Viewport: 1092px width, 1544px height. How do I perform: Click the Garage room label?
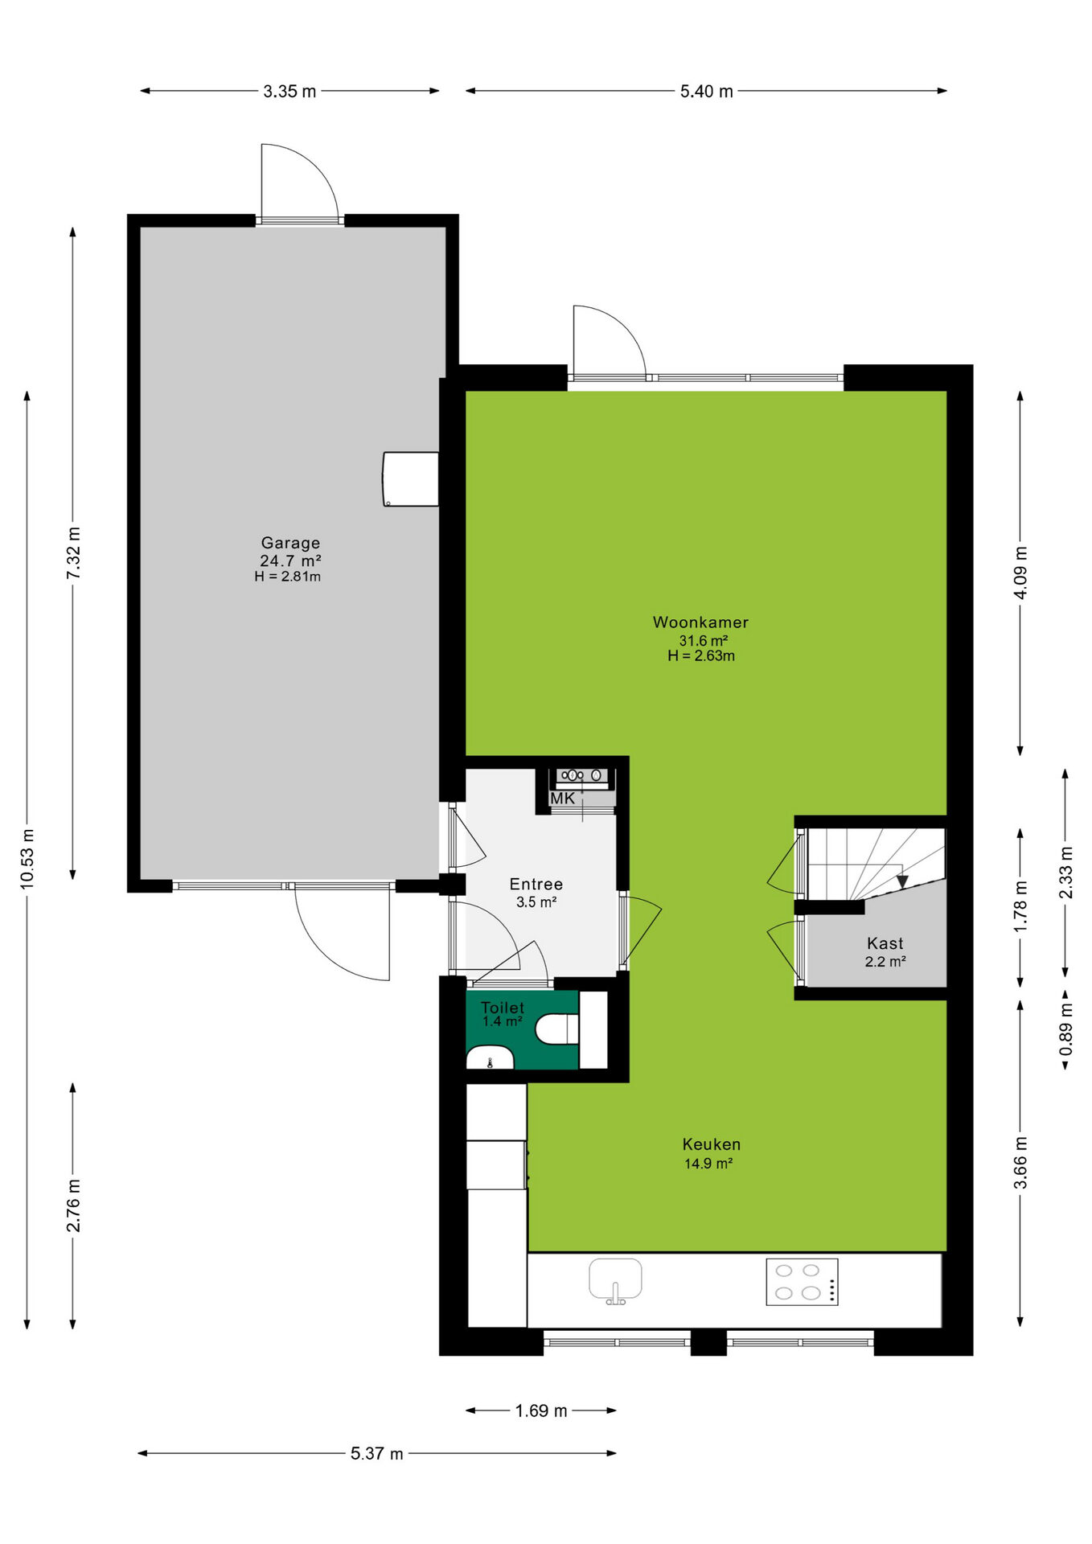290,543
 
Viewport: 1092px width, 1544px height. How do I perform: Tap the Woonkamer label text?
700,622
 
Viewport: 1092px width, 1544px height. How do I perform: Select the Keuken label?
712,1144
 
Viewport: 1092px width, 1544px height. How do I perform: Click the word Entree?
536,885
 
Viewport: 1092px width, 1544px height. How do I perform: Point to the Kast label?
885,944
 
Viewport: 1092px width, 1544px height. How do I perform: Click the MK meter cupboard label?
563,799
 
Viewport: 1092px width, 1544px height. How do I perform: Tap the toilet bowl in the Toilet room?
557,1029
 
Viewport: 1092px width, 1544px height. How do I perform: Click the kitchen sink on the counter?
615,1279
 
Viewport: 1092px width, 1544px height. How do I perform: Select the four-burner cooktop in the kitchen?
802,1282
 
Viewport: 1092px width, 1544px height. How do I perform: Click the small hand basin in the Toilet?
490,1057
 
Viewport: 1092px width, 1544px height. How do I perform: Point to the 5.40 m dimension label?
707,92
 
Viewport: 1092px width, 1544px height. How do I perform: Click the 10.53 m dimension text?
27,859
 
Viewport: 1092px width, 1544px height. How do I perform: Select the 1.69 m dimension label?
541,1411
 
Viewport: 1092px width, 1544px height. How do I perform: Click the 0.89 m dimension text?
1065,1030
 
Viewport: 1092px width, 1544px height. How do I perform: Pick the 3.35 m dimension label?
289,92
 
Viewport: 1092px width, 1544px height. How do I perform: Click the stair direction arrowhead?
902,882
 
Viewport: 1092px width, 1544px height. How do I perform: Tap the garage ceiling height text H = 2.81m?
288,577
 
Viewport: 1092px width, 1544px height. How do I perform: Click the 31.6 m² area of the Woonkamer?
704,641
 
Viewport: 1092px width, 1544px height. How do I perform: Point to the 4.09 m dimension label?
1020,573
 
